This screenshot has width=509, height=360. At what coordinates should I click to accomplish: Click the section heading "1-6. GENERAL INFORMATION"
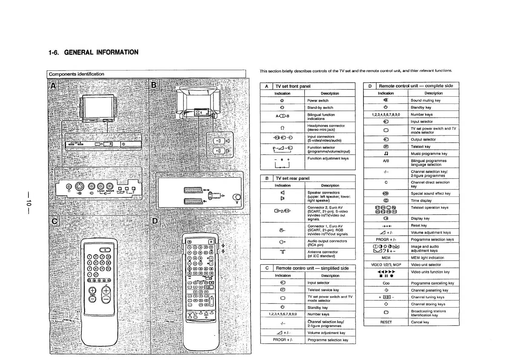[93, 52]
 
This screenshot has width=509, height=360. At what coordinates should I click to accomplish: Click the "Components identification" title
[77, 74]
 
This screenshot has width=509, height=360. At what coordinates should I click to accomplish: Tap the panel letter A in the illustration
[53, 86]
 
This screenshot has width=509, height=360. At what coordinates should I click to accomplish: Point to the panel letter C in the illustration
[54, 222]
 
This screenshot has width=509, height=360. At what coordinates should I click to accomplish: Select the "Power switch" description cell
[318, 101]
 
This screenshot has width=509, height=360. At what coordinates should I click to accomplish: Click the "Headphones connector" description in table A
[326, 128]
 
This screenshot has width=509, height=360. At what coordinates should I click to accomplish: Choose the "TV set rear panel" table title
[292, 178]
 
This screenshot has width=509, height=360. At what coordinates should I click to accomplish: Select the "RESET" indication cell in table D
[386, 322]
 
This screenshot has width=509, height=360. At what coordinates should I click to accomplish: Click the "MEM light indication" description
[427, 258]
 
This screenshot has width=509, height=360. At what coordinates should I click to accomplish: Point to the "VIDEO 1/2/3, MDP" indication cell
[386, 265]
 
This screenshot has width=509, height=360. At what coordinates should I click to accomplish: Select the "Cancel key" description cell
[420, 322]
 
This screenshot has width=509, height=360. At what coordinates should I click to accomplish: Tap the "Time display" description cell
[421, 201]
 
